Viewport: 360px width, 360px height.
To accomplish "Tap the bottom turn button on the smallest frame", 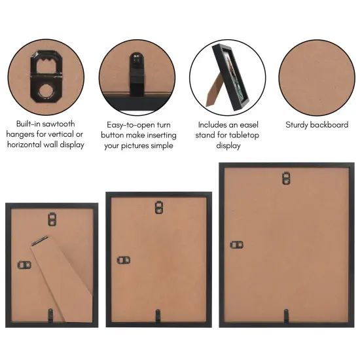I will [53, 315].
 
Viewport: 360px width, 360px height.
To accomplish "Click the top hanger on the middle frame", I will [158, 207].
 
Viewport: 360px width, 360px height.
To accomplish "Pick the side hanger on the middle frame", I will [123, 260].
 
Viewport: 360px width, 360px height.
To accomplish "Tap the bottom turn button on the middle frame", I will [158, 315].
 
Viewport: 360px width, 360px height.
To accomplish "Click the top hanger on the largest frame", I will [286, 178].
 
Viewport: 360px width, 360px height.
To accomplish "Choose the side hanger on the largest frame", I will [237, 245].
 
